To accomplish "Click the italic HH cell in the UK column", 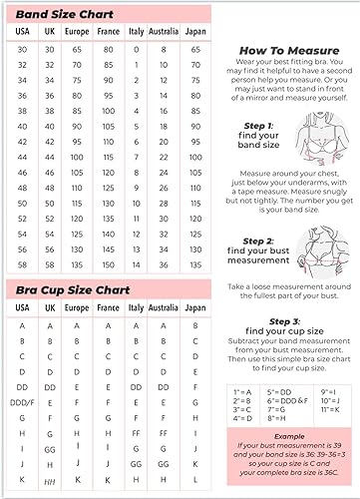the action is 49,481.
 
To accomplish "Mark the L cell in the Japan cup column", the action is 196,481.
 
